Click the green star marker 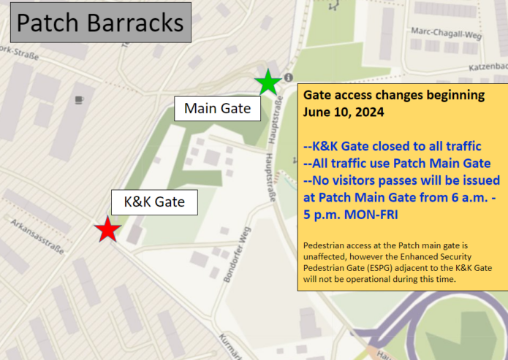[268, 83]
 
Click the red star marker [108, 230]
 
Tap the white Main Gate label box [217, 109]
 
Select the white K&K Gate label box [154, 201]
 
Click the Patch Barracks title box [99, 23]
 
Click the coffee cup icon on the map [79, 99]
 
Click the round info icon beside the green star [289, 77]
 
